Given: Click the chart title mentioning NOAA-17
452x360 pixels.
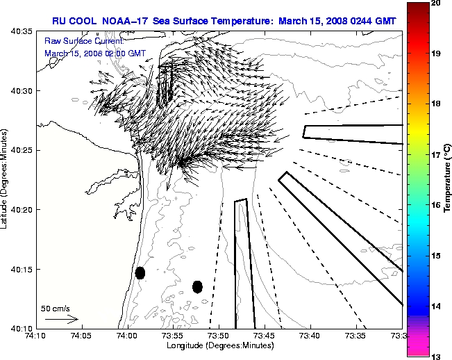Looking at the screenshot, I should click(224, 21).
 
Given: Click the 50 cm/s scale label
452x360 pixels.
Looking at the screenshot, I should click(56, 308).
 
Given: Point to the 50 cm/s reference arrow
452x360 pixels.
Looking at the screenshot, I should click(61, 319).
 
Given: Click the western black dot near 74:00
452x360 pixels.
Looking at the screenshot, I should click(140, 272).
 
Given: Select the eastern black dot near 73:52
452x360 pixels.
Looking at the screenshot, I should click(197, 286).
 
